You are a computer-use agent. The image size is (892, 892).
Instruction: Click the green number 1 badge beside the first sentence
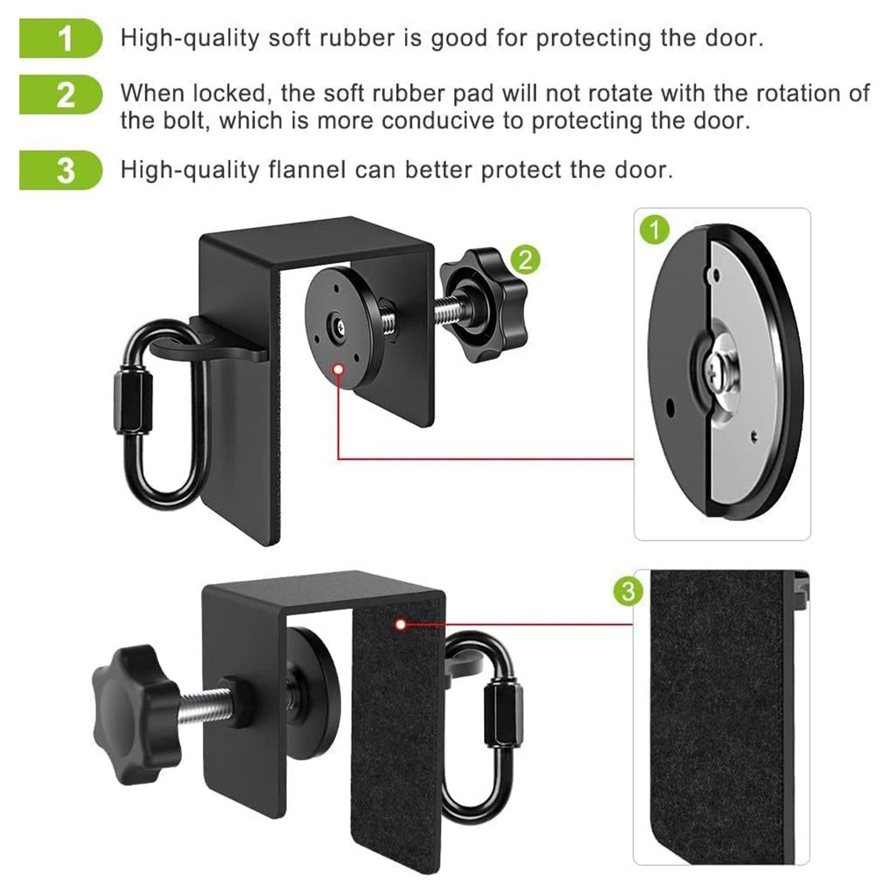tap(60, 38)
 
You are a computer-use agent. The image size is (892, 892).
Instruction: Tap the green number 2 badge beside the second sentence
tap(60, 94)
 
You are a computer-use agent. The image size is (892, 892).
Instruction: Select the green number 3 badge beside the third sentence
tap(60, 170)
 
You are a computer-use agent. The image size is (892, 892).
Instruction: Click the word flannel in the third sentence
tap(307, 169)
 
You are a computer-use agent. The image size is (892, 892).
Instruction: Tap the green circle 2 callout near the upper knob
tap(525, 260)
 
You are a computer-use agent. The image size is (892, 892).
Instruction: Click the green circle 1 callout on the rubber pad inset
tap(655, 230)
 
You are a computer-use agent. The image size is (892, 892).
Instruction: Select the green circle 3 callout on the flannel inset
tap(628, 591)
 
